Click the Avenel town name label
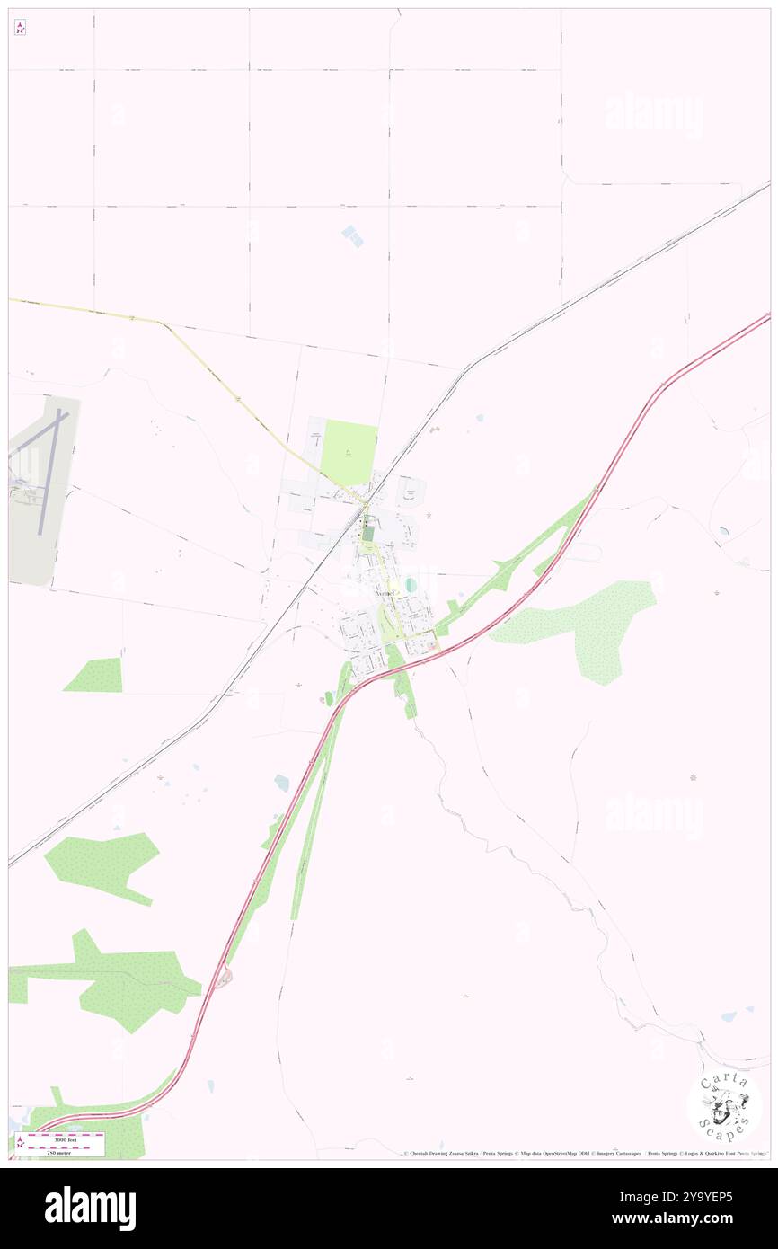click(385, 595)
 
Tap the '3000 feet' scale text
click(66, 1139)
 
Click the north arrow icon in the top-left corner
click(20, 28)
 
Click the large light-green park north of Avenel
click(349, 450)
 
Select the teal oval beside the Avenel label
click(411, 585)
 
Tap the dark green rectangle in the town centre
click(367, 533)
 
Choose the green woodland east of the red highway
click(584, 624)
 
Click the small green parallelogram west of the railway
click(94, 675)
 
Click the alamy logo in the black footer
click(90, 1208)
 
